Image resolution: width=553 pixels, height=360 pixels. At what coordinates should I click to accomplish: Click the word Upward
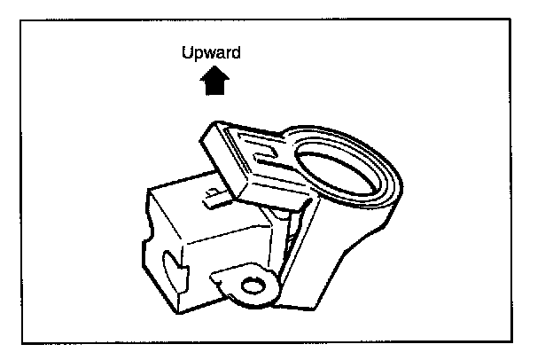211,54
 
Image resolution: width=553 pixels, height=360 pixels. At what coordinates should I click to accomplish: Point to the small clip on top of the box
212,194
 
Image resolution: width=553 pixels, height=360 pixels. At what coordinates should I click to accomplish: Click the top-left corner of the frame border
22,20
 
